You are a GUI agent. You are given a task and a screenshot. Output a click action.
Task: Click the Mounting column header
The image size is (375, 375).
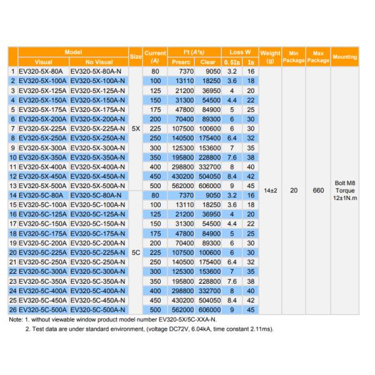point(345,56)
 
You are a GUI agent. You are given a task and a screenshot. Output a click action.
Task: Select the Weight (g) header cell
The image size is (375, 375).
point(270,56)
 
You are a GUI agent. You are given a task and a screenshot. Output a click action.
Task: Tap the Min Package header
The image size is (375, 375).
point(294,56)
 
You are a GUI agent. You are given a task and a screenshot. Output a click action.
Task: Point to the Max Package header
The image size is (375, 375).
point(318,56)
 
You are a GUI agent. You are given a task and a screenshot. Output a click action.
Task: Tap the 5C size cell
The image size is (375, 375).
point(136,252)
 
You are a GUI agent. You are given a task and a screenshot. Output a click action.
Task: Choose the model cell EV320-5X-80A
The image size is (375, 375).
point(42,72)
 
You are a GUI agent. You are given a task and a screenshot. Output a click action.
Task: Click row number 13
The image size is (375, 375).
point(12,186)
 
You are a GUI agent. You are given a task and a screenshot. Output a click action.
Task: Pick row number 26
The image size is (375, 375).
point(12,308)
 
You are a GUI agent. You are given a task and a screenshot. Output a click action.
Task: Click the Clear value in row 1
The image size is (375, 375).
point(208,72)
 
